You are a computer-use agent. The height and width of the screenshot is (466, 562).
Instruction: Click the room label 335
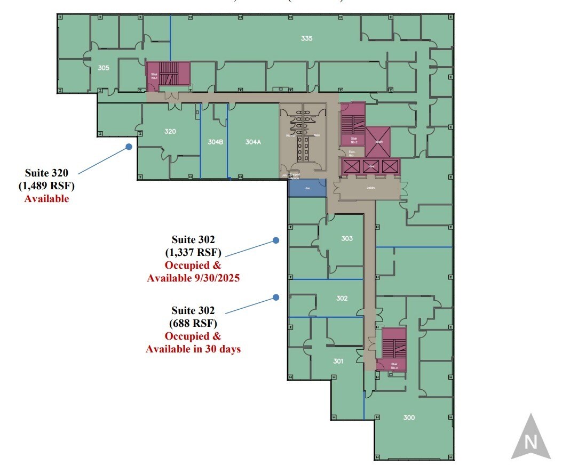point(306,38)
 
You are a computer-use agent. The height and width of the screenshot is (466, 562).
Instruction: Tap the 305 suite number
point(104,68)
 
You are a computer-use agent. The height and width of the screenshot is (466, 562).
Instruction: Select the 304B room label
point(215,142)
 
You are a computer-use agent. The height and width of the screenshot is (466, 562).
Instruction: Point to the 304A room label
point(254,142)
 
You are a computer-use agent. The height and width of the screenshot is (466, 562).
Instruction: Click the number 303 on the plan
point(347,238)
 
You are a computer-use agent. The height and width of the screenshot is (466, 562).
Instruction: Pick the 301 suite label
point(338,361)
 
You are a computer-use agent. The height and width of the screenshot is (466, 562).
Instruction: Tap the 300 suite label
point(409,417)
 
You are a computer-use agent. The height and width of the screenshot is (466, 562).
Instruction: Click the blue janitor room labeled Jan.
point(307,188)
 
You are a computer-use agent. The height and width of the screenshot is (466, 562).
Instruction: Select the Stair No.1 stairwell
point(168,75)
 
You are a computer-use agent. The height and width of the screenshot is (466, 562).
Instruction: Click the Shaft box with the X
point(378,141)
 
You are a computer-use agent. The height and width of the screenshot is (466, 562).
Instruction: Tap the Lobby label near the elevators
point(370,188)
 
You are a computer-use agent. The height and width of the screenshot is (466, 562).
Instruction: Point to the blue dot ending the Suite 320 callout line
point(129,147)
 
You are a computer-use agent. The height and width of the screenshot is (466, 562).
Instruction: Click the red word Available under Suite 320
point(46,199)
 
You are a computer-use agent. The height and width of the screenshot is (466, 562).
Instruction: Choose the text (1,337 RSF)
point(193,252)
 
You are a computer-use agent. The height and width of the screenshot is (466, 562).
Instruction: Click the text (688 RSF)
point(193,323)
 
